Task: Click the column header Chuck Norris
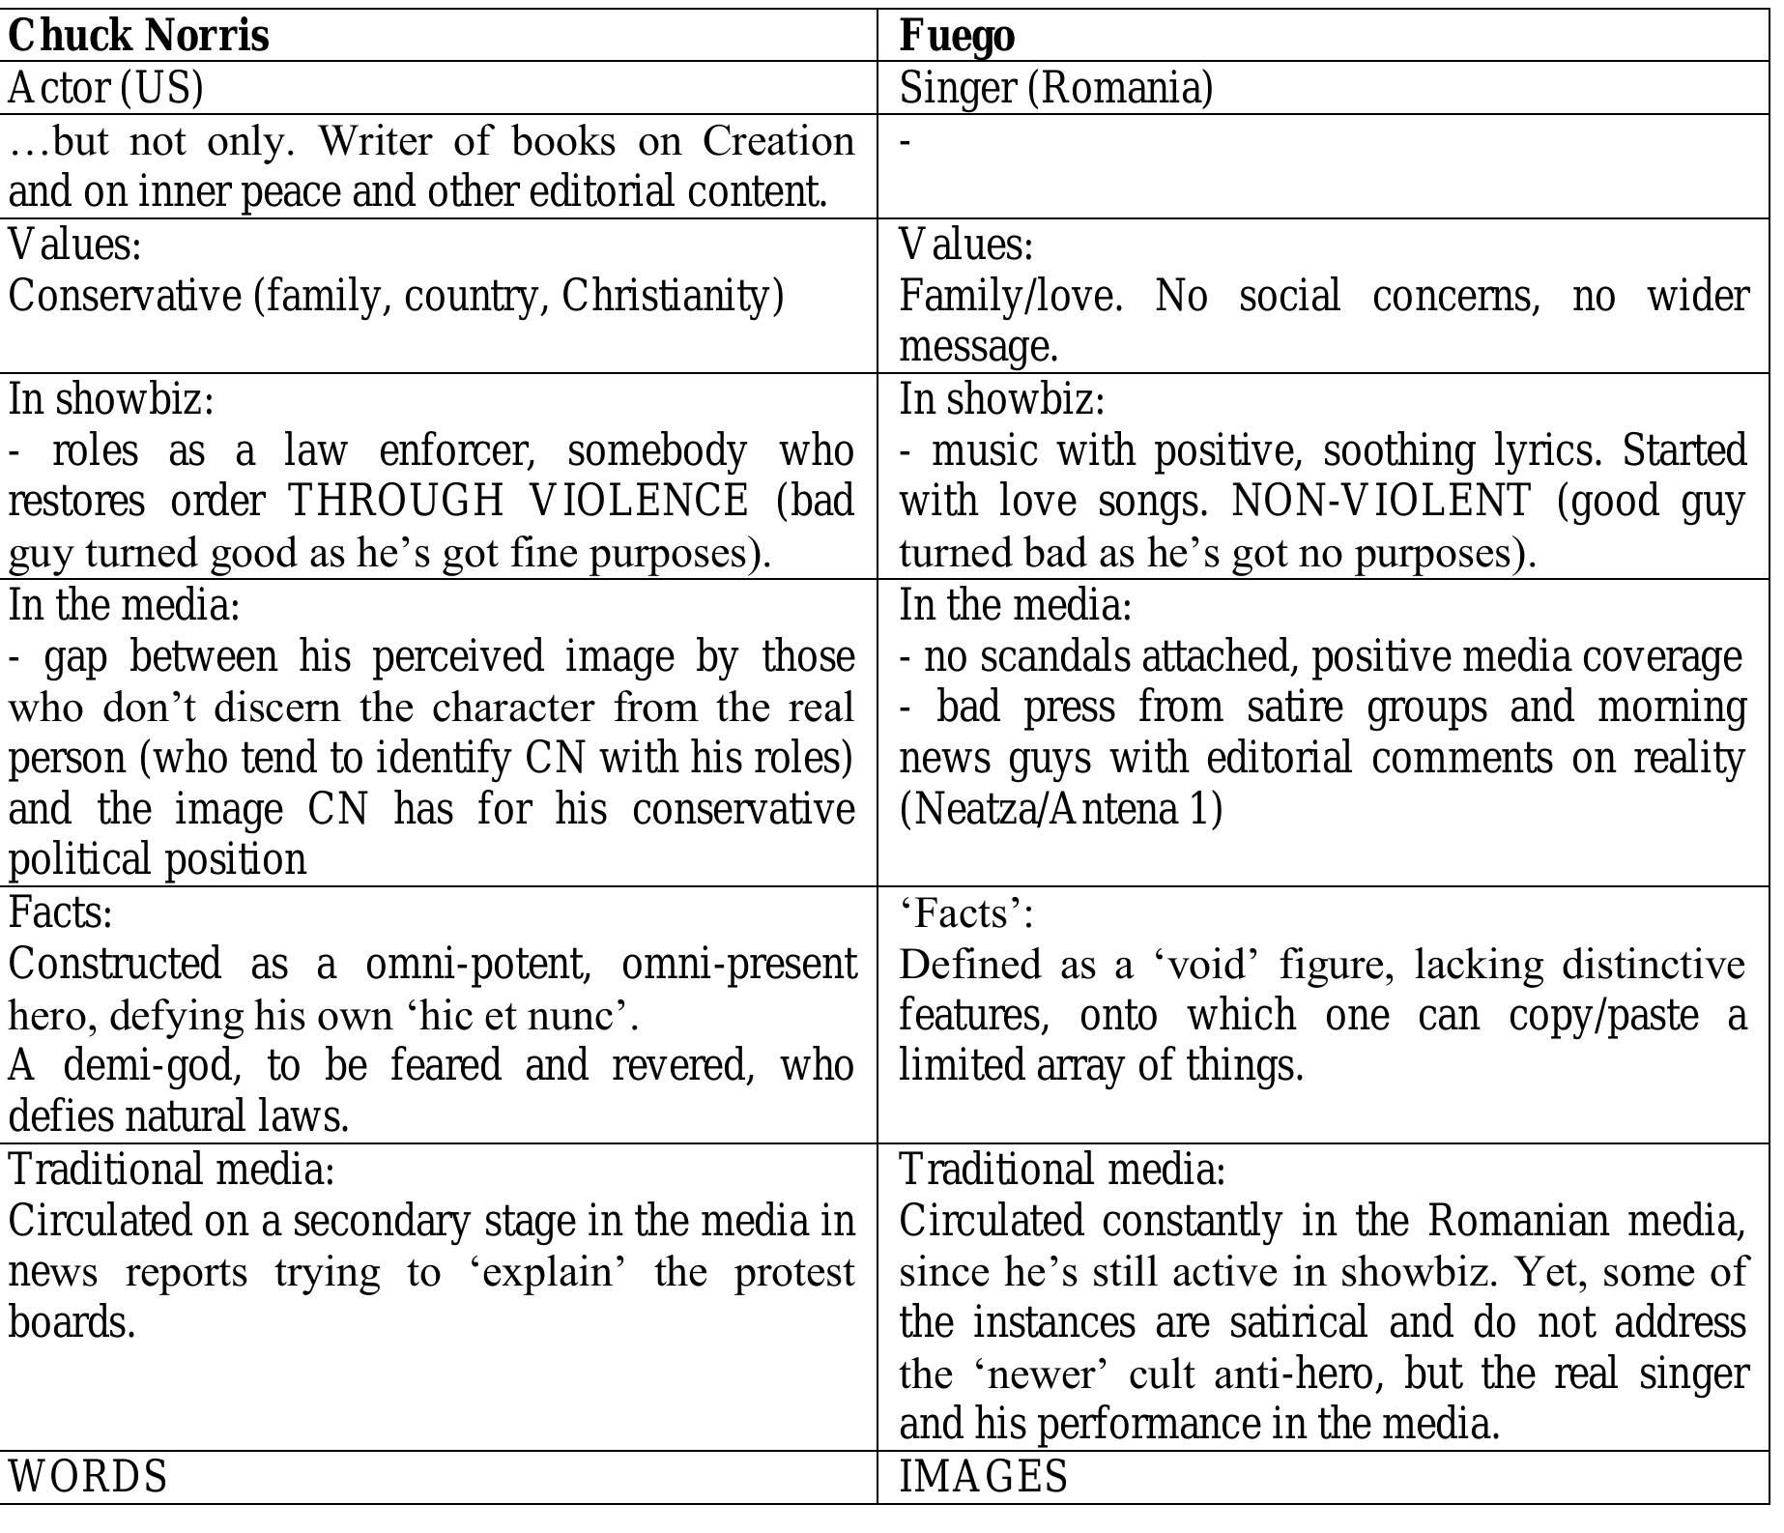click(138, 37)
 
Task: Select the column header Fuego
click(957, 37)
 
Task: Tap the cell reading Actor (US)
click(105, 88)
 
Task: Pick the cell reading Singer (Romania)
click(1055, 88)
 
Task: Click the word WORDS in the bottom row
click(88, 1477)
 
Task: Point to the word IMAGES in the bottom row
click(984, 1477)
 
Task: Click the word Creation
click(778, 141)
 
